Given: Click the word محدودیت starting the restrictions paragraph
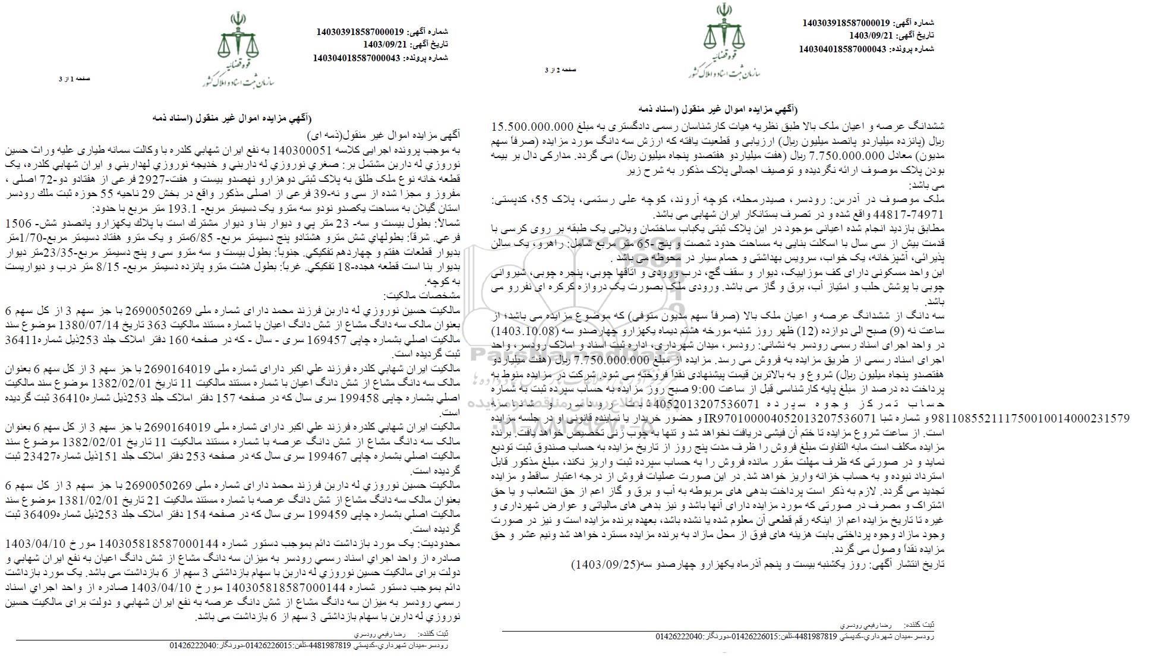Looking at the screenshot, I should tap(443, 544).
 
